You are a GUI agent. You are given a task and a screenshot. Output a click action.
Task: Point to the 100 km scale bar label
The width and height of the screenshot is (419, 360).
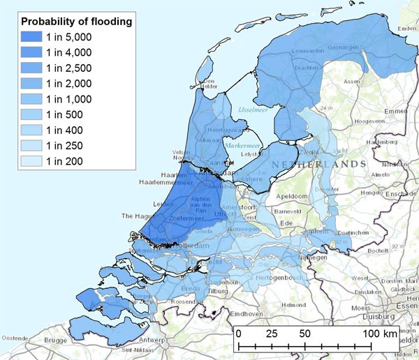tap(380, 333)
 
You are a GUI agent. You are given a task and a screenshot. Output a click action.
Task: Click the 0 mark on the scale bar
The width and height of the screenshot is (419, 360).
tap(239, 333)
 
